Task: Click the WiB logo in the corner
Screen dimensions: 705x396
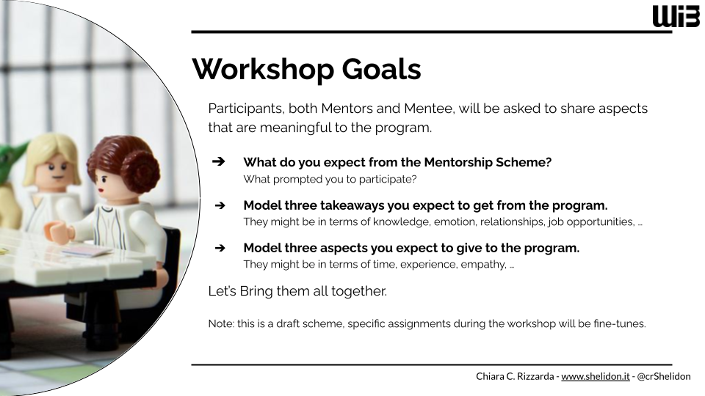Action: tap(676, 17)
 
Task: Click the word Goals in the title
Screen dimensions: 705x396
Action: tap(381, 69)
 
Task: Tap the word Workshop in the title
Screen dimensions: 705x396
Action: tap(263, 70)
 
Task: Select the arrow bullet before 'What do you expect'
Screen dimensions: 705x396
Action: tap(219, 161)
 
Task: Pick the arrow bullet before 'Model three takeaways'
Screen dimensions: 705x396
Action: tap(220, 205)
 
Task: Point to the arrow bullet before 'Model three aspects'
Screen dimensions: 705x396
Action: tap(220, 248)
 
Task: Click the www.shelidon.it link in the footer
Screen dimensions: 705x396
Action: tap(596, 376)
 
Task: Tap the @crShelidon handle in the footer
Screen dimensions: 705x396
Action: tap(664, 376)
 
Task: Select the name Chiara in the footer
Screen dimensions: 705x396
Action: tap(490, 376)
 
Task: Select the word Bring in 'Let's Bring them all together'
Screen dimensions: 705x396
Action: tap(256, 291)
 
